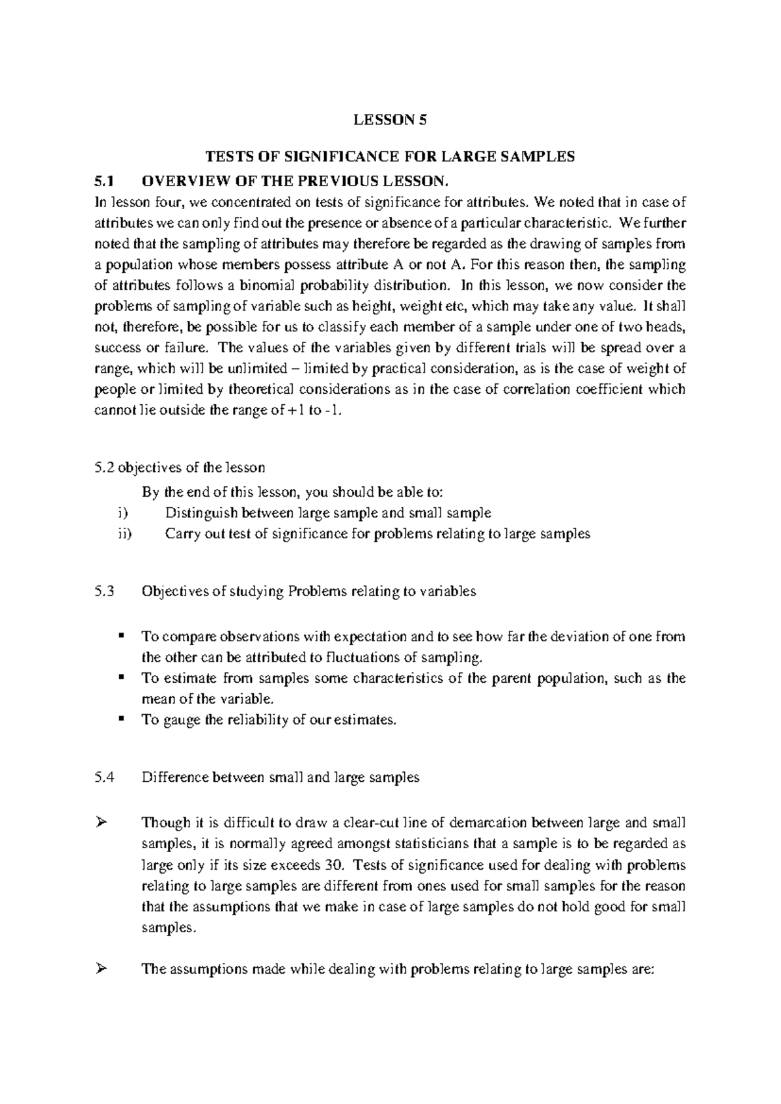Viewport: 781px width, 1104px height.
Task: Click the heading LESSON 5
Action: (390, 119)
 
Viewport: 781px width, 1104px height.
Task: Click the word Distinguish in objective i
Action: (199, 513)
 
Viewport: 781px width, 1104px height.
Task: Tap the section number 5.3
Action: (104, 591)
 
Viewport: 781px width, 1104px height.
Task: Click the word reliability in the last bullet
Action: (258, 720)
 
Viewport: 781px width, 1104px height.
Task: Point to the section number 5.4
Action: (104, 777)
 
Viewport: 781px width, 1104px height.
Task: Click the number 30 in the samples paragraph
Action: (331, 865)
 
